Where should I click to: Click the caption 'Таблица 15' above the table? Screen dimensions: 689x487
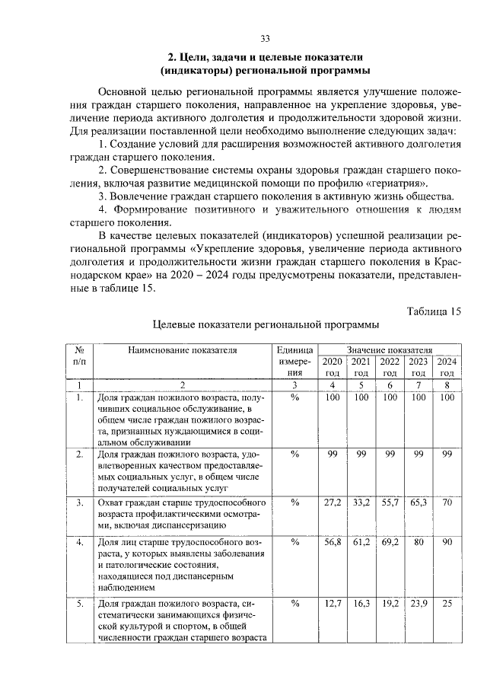[x=434, y=311]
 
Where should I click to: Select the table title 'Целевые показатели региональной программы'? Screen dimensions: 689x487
[x=266, y=325]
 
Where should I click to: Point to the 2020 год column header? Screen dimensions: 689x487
[x=333, y=367]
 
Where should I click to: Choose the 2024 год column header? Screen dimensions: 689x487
[x=447, y=367]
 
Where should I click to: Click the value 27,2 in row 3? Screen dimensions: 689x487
[x=333, y=503]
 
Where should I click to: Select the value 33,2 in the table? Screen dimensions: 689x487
[x=361, y=503]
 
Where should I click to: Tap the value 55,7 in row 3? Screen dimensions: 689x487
[x=390, y=503]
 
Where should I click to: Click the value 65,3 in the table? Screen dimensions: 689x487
[x=418, y=503]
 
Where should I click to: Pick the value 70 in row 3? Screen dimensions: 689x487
[x=447, y=503]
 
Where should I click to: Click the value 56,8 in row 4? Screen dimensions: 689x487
[x=333, y=543]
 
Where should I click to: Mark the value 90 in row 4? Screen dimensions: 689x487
[x=447, y=543]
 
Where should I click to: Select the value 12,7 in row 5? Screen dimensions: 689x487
[x=333, y=604]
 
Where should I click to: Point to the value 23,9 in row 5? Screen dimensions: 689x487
[x=418, y=604]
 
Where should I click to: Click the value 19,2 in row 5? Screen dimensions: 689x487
[x=390, y=604]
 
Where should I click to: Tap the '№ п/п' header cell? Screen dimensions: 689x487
[x=78, y=356]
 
